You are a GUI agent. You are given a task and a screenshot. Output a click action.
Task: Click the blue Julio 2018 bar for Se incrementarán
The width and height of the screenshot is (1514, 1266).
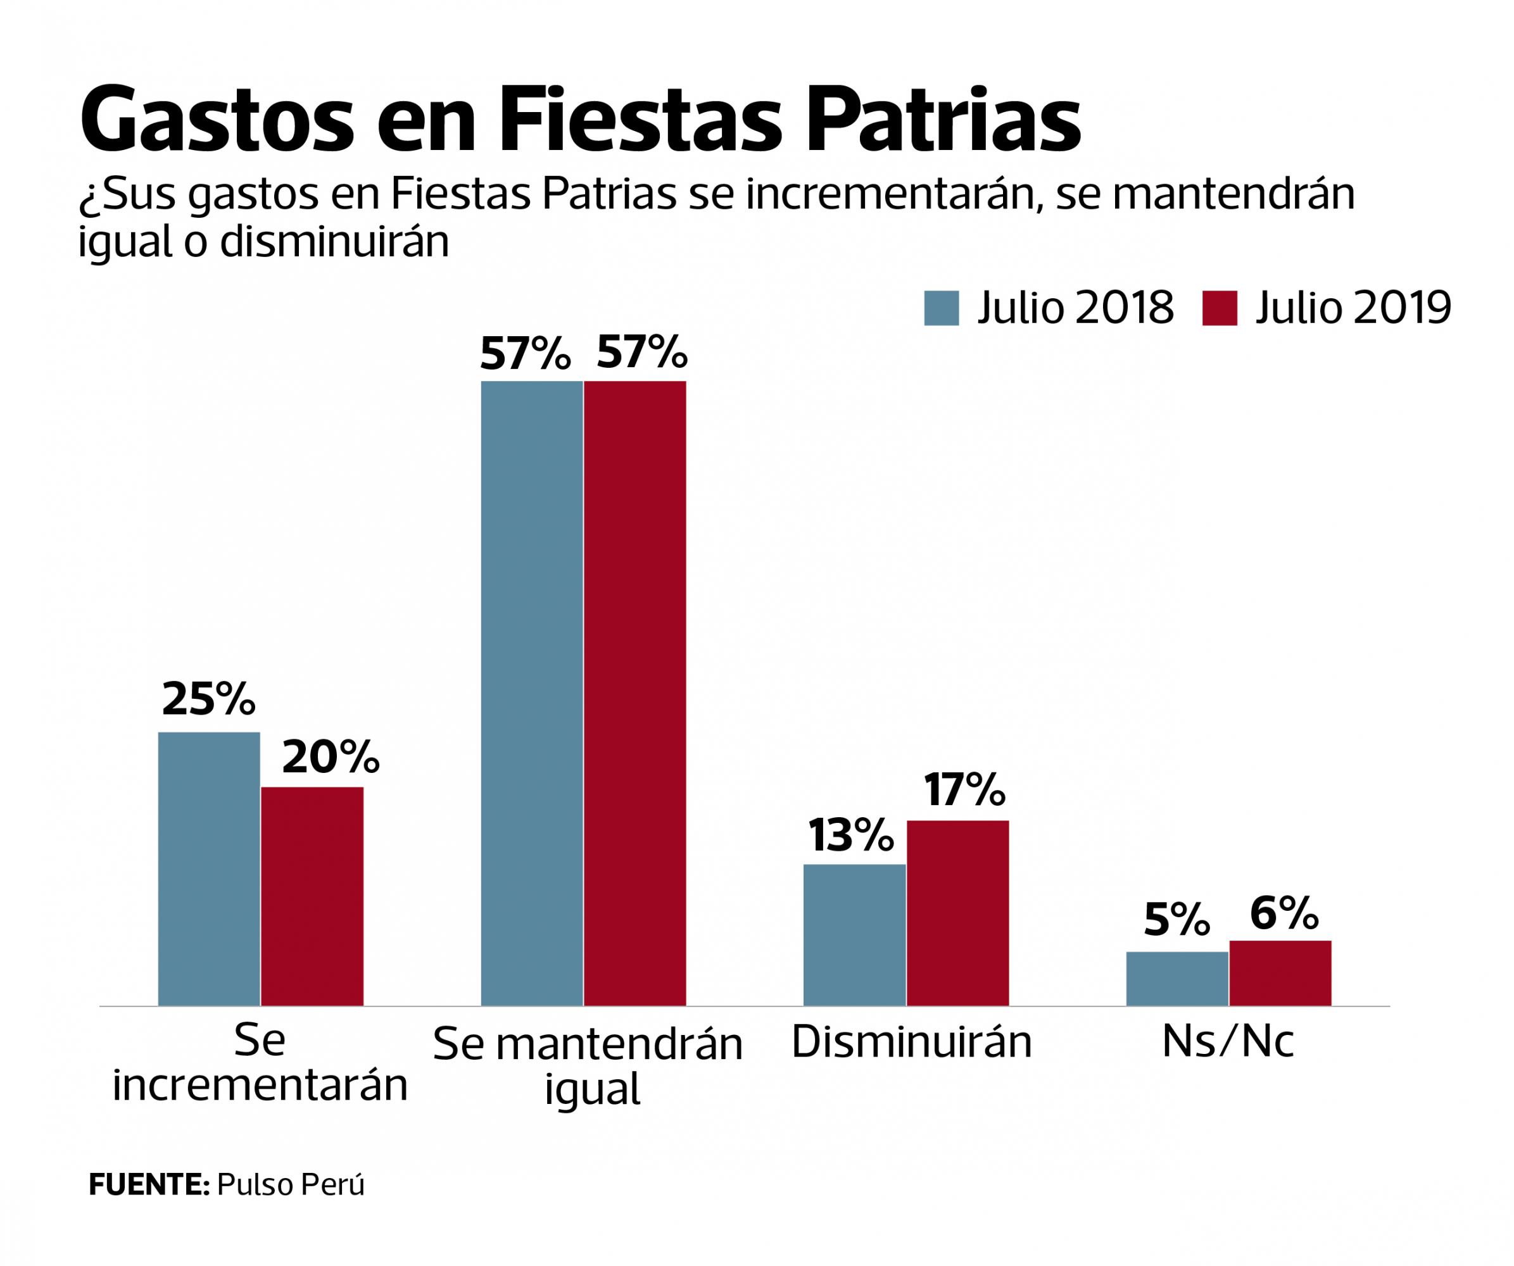tap(209, 868)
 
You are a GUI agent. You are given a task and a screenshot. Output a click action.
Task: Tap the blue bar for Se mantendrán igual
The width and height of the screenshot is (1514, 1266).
tap(531, 693)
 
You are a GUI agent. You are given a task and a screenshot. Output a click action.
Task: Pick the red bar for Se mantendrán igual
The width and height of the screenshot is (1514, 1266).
tap(635, 693)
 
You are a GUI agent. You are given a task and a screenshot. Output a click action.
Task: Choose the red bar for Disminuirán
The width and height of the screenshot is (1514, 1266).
tap(957, 913)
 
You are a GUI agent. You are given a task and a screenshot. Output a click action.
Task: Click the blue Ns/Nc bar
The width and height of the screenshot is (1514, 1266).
tap(1177, 979)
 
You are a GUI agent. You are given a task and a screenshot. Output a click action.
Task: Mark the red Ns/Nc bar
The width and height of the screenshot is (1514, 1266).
tap(1280, 973)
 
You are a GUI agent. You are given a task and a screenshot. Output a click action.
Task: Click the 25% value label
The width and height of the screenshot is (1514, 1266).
tap(209, 698)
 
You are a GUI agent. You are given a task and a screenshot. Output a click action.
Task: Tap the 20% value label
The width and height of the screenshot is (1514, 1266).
tap(330, 756)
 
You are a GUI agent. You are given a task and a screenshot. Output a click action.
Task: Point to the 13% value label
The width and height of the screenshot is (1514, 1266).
tap(851, 835)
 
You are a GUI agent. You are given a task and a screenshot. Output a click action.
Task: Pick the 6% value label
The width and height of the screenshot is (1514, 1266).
tap(1284, 912)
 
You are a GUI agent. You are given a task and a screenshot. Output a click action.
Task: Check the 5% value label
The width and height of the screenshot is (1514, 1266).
tap(1177, 922)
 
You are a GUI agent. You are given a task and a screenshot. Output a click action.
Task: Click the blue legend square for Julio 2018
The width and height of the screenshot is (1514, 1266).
tap(942, 308)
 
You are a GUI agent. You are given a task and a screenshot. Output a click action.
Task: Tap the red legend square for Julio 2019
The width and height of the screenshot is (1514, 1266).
tap(1220, 308)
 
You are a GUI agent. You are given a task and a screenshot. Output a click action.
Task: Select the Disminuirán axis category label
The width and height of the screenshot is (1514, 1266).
tap(911, 1042)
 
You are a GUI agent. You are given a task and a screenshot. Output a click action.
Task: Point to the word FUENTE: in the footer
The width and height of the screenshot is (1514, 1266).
tap(149, 1184)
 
